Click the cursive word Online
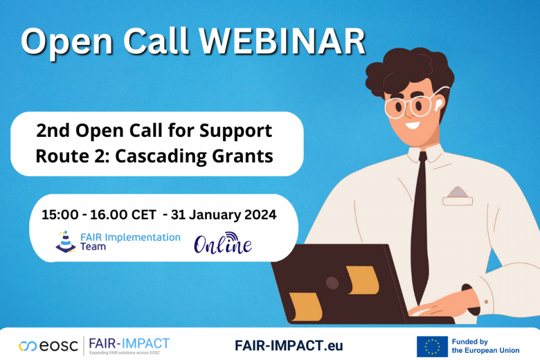click(222, 243)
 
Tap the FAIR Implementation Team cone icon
click(66, 241)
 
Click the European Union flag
click(432, 346)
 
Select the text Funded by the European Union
click(485, 346)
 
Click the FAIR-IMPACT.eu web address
click(289, 346)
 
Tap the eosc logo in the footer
click(46, 346)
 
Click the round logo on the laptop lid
click(332, 283)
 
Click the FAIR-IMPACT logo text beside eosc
click(129, 344)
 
